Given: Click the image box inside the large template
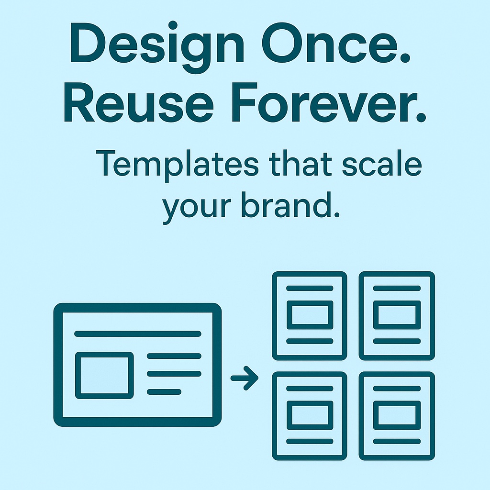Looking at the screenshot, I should [x=104, y=375].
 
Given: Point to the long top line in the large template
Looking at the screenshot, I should [x=137, y=334].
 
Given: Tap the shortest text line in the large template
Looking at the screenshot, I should [x=164, y=391].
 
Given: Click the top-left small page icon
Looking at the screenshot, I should [x=310, y=316].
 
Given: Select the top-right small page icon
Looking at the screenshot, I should [x=397, y=316].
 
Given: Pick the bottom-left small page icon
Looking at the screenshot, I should [x=310, y=416].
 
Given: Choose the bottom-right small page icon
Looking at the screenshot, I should [x=397, y=416].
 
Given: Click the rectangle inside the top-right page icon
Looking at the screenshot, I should [x=397, y=315].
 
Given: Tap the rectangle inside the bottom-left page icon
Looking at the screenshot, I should [x=310, y=415].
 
